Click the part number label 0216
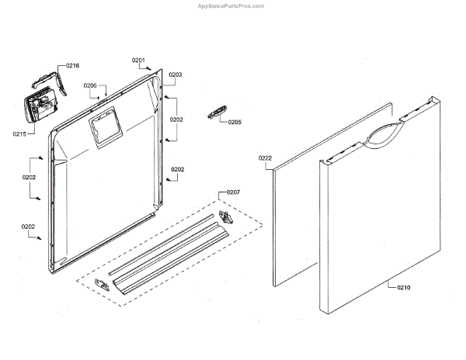tap(73, 66)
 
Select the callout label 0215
tap(19, 134)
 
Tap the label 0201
tap(138, 60)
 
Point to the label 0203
tap(176, 74)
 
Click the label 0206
tap(90, 85)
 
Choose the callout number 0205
tap(235, 122)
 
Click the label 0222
tap(265, 158)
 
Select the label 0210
tap(404, 288)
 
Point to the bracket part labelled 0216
tap(47, 79)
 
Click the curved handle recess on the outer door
tap(381, 134)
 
